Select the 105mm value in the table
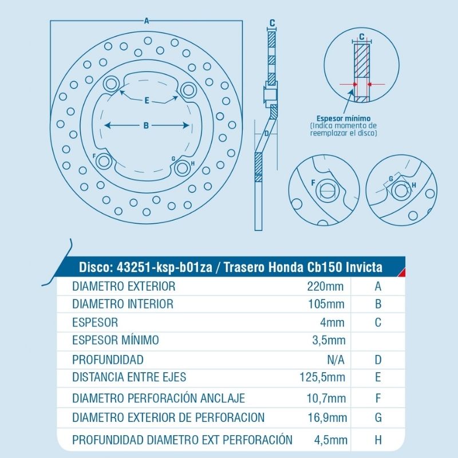(326, 304)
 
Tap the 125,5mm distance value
(322, 377)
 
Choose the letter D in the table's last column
(378, 360)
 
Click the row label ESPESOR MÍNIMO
(116, 340)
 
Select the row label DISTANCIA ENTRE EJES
(129, 377)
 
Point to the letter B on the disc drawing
(146, 125)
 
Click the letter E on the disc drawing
(147, 101)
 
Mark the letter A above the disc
(147, 21)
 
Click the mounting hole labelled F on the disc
(104, 160)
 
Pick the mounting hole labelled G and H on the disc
(183, 168)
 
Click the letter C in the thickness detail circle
(361, 37)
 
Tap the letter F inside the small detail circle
(313, 183)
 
